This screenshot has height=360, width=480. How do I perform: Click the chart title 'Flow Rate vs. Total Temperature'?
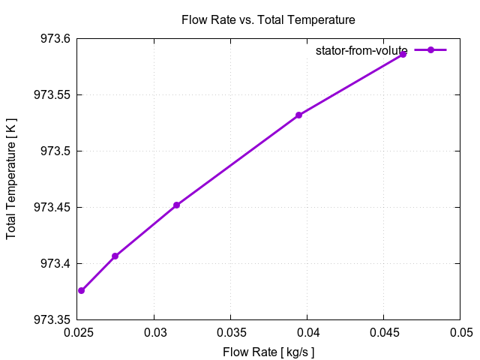click(x=268, y=19)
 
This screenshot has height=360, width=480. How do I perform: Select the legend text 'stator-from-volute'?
click(x=361, y=50)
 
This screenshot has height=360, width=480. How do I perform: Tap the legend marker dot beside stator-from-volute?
click(x=430, y=50)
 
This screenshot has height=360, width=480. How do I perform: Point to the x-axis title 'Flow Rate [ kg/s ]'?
click(x=268, y=352)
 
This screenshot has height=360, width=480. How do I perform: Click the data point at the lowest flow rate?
click(x=81, y=291)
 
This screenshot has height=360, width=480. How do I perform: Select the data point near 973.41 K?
click(x=115, y=256)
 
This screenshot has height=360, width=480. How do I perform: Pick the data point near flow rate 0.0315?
click(x=176, y=205)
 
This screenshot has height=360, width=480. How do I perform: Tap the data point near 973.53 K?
click(x=298, y=115)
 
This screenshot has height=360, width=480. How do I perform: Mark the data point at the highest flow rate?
click(x=403, y=54)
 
